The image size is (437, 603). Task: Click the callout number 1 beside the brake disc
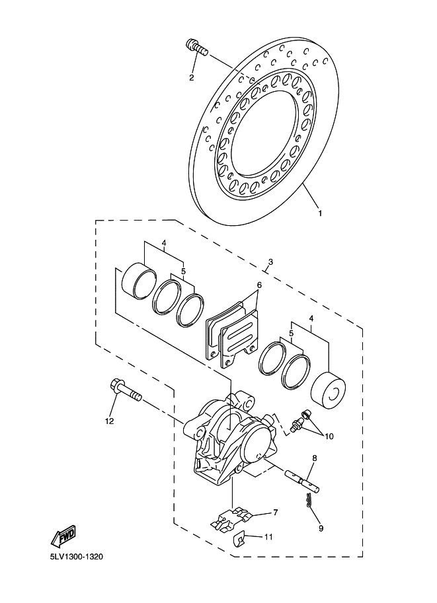coord(320,213)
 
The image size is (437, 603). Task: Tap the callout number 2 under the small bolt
coord(192,77)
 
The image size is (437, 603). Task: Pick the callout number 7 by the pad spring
coord(275,512)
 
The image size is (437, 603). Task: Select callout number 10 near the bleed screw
coord(329,436)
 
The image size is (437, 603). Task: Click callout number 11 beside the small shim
coord(268,537)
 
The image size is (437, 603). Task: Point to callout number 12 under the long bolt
coord(110,421)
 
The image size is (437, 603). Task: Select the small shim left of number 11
coord(242,540)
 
